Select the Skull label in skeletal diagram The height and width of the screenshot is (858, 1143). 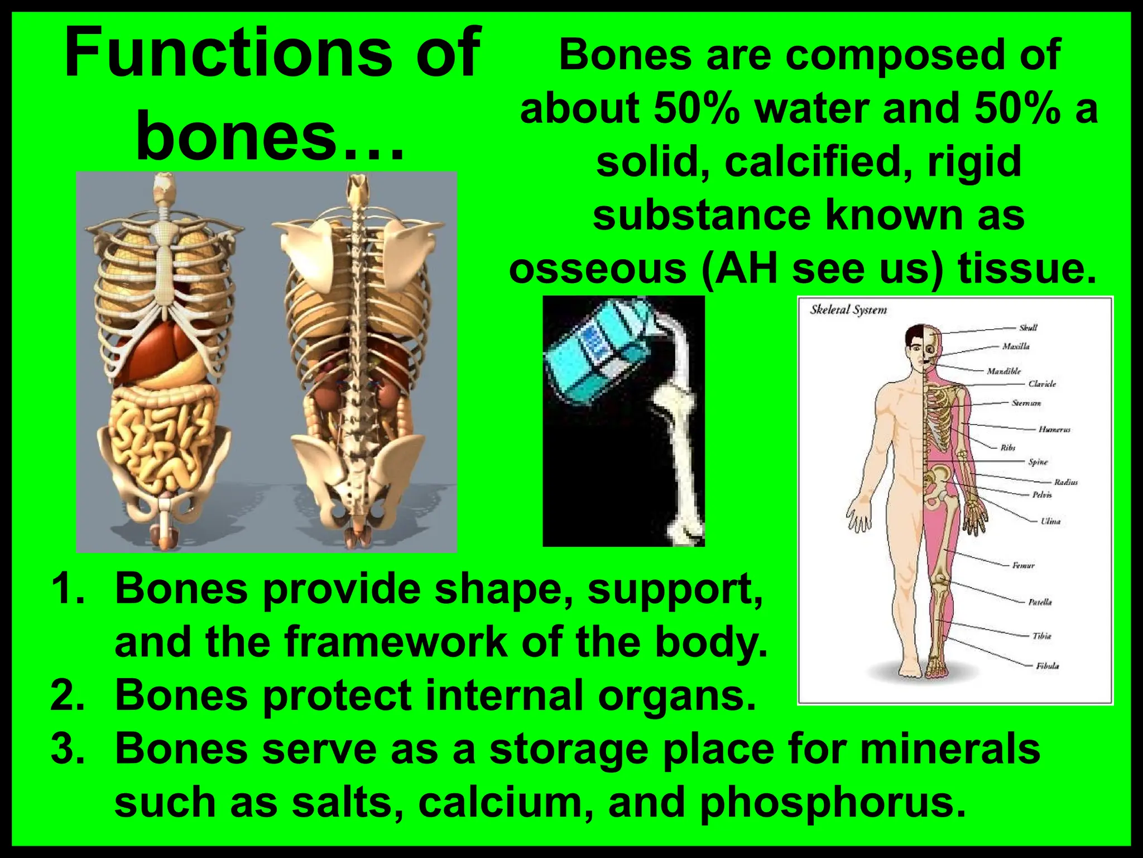point(1028,328)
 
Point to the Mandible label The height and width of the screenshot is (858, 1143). point(1003,371)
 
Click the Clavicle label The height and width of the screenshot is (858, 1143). point(1042,384)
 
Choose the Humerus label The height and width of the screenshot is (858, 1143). point(1054,430)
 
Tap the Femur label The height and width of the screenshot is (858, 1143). point(1023,565)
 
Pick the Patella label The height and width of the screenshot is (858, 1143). point(1040,602)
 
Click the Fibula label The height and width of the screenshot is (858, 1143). point(1047,666)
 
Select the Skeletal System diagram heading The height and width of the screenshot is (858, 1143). point(848,310)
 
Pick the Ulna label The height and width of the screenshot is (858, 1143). point(1050,521)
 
